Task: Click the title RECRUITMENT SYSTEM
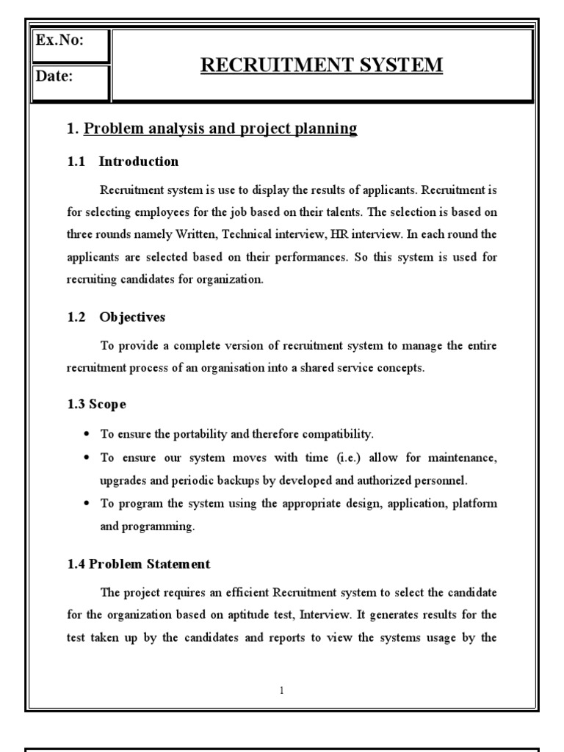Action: tap(322, 65)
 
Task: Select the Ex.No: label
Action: tap(59, 40)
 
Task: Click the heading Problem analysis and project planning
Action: tap(220, 129)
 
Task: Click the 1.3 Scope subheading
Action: tap(97, 404)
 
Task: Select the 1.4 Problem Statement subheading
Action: tap(139, 564)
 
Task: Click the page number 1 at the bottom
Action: tap(282, 690)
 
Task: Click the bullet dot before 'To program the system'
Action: tap(87, 505)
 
